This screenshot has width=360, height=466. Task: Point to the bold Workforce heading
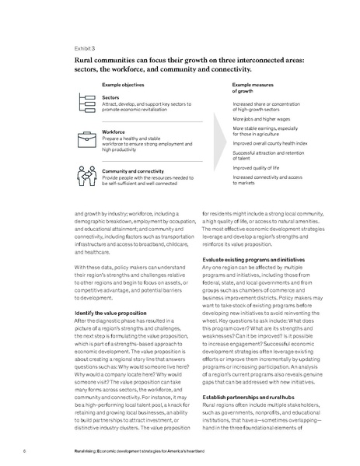[114, 132]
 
